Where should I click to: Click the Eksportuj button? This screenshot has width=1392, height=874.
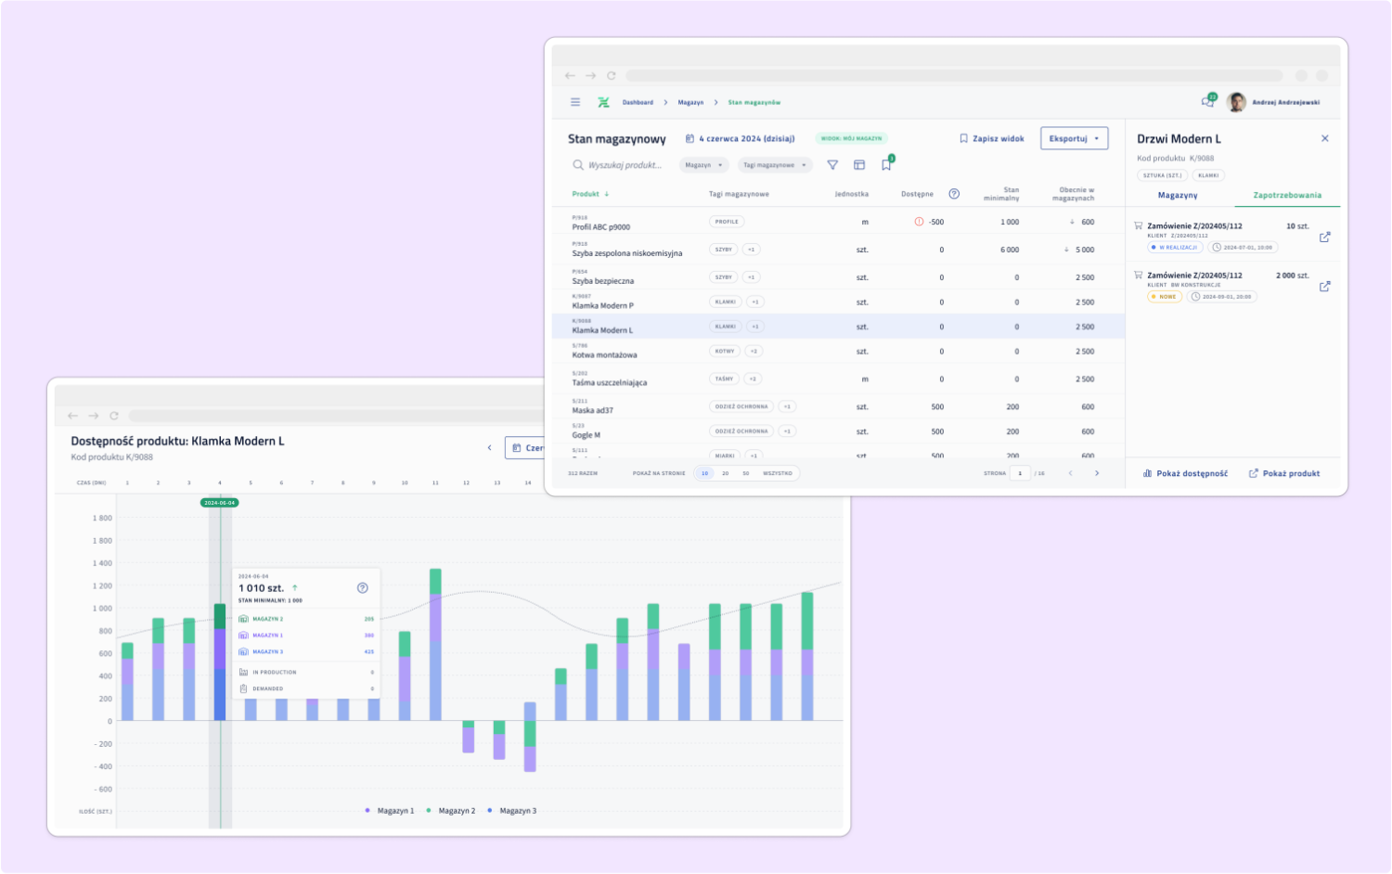[x=1074, y=138]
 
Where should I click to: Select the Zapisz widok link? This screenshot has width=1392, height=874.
[x=992, y=138]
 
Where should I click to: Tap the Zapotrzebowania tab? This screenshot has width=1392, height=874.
[x=1287, y=195]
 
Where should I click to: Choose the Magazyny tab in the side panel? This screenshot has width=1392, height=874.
[x=1178, y=195]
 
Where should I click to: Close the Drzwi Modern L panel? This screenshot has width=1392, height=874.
[x=1325, y=138]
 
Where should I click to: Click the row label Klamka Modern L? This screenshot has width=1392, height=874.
[x=602, y=330]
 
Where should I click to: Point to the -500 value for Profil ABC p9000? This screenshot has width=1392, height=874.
[x=935, y=222]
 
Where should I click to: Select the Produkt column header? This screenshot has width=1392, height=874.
[x=586, y=194]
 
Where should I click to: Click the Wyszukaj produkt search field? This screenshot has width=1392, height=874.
[x=625, y=165]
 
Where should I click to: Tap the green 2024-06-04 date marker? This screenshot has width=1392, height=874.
[x=219, y=503]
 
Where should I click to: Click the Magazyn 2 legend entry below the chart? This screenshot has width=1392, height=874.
[x=456, y=811]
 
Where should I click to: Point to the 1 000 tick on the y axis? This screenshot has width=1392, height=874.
[x=102, y=609]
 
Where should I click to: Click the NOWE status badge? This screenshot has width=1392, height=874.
[x=1166, y=297]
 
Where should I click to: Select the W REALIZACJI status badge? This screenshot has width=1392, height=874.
[x=1176, y=248]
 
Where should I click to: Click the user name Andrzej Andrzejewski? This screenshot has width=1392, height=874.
[x=1285, y=102]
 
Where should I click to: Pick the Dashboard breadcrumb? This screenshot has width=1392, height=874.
[x=638, y=102]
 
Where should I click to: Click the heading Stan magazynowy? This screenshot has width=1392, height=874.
[x=617, y=139]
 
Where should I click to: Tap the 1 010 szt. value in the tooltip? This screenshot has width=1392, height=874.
[x=261, y=588]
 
